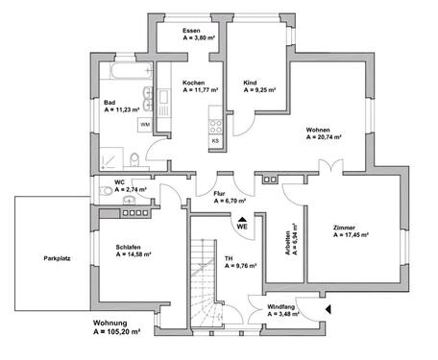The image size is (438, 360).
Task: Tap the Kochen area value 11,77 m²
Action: [199, 91]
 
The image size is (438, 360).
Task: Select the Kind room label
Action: [250, 84]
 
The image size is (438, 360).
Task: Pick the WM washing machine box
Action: [144, 125]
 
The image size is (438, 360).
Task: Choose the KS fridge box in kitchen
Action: [215, 140]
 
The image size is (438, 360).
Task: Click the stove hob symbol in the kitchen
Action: [215, 125]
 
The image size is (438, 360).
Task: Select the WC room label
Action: [119, 181]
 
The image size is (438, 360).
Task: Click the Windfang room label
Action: [280, 306]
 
